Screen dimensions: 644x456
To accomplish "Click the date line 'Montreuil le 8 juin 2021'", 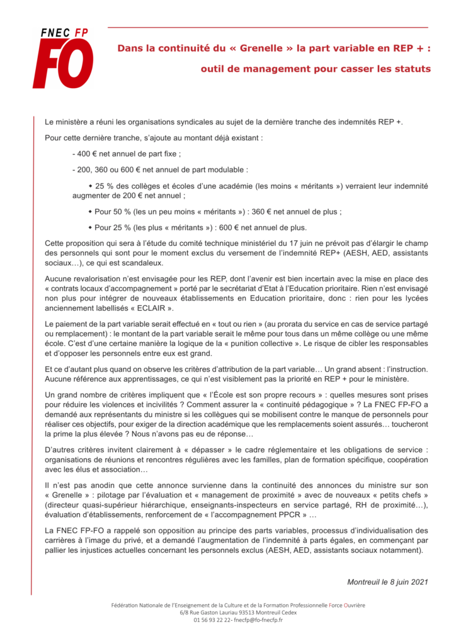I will [387, 582].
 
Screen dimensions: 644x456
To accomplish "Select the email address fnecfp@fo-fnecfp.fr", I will [258, 620].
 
